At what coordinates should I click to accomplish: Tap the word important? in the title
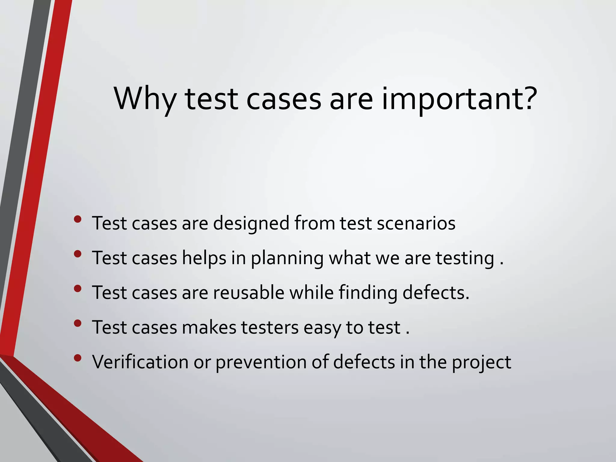point(459,99)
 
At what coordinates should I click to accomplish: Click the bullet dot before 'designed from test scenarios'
point(78,219)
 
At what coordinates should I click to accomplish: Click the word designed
point(251,223)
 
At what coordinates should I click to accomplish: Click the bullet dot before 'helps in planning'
point(78,254)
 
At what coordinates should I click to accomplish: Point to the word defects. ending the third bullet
point(436,293)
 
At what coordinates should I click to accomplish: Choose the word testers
point(270,327)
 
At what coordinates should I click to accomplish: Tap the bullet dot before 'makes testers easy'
point(78,323)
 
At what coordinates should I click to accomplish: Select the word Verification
point(140,362)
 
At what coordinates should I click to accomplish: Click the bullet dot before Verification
point(78,358)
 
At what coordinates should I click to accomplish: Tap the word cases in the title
point(284,99)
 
